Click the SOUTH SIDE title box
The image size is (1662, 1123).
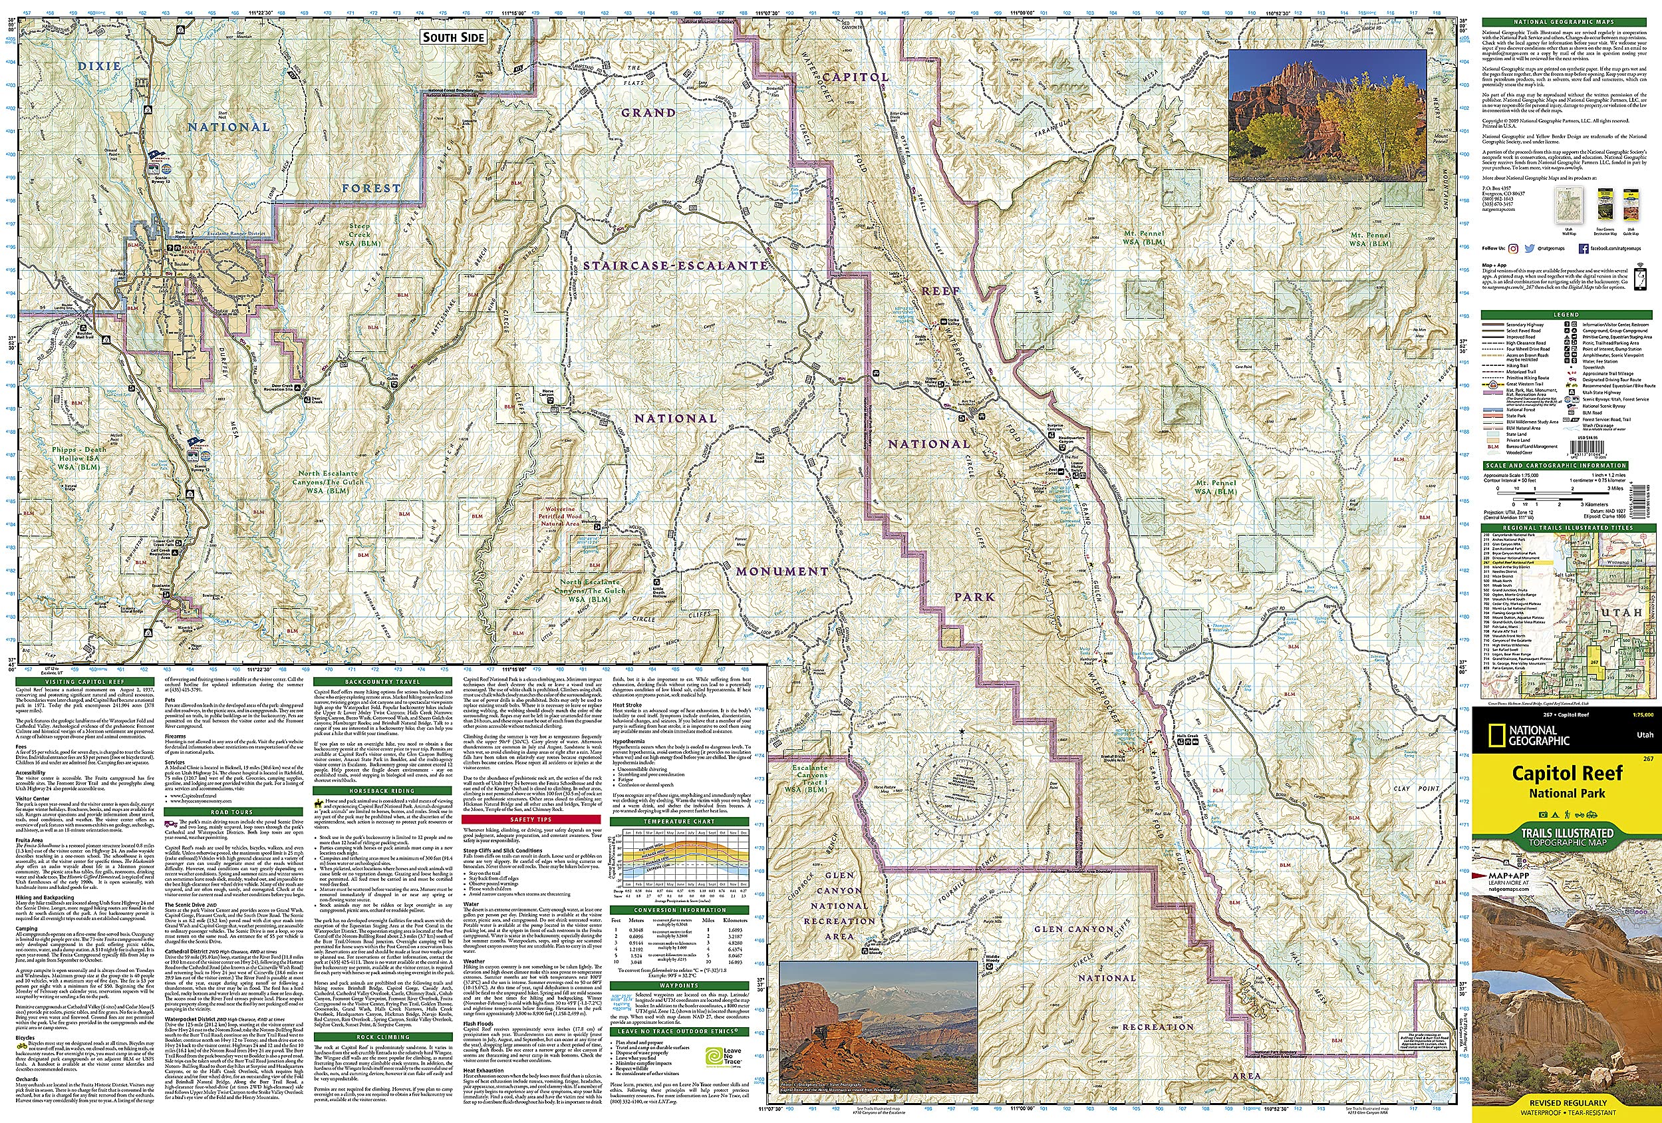coord(454,37)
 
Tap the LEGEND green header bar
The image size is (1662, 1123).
coord(1566,315)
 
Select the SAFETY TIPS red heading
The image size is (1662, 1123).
coord(531,819)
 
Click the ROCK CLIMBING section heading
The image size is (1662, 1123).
coord(383,1037)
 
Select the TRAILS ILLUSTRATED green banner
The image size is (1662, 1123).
coord(1566,836)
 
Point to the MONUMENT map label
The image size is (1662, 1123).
coord(782,571)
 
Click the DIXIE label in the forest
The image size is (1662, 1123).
coord(99,66)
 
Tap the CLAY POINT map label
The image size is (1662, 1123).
coord(1415,788)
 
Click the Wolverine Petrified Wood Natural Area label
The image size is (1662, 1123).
coord(560,516)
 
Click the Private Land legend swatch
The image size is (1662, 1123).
coord(1492,440)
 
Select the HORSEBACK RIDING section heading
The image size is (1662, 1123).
coord(383,790)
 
